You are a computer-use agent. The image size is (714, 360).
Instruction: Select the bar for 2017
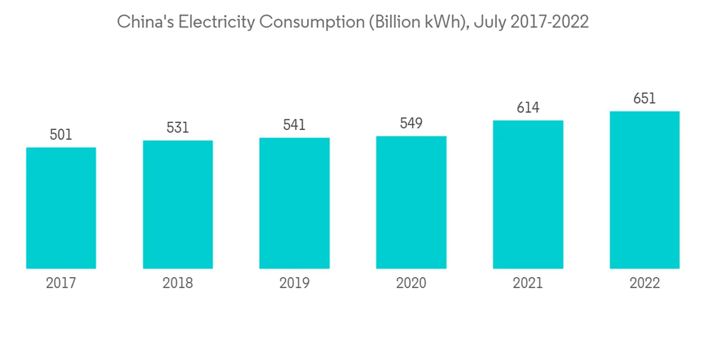tap(61, 208)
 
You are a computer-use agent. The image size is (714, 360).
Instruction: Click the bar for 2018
tap(178, 204)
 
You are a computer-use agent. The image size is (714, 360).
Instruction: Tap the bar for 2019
tap(294, 203)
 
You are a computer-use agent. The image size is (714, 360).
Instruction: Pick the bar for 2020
tap(411, 202)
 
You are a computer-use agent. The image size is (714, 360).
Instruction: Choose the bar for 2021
tap(528, 194)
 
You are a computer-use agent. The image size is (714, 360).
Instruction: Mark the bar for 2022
tap(644, 190)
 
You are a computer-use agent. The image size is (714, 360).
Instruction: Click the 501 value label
tap(61, 134)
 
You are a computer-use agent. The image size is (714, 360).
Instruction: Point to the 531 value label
tap(178, 127)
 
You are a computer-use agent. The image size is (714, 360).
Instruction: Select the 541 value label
tap(294, 125)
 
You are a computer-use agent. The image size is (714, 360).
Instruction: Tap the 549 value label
tap(411, 123)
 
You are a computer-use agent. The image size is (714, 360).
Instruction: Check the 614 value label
tap(528, 107)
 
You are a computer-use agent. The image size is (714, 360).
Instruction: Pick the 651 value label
tap(644, 99)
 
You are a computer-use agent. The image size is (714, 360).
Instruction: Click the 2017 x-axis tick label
tap(61, 284)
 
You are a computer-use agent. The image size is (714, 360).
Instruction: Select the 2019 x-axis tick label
tap(294, 284)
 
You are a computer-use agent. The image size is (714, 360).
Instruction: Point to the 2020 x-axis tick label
tap(411, 284)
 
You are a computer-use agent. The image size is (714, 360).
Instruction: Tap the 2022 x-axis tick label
tap(644, 284)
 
